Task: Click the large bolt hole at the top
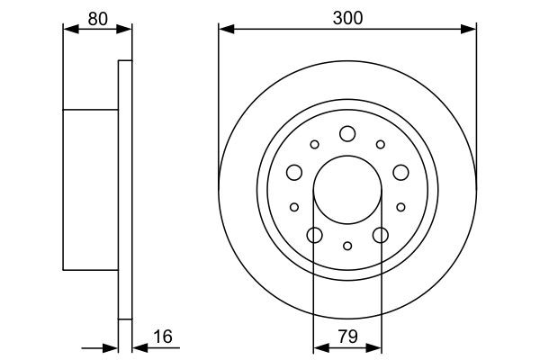[x=347, y=134]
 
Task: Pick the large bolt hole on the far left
[x=294, y=173]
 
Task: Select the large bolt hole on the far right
[x=400, y=173]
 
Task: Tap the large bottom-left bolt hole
[x=314, y=236]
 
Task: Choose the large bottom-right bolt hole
[x=380, y=236]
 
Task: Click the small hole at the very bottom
[x=347, y=246]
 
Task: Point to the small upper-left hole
[x=314, y=144]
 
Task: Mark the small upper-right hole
[x=380, y=144]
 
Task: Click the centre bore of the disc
[x=347, y=191]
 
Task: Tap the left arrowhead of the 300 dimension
[x=225, y=30]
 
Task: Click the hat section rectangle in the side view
[x=91, y=190]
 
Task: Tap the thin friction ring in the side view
[x=125, y=190]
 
